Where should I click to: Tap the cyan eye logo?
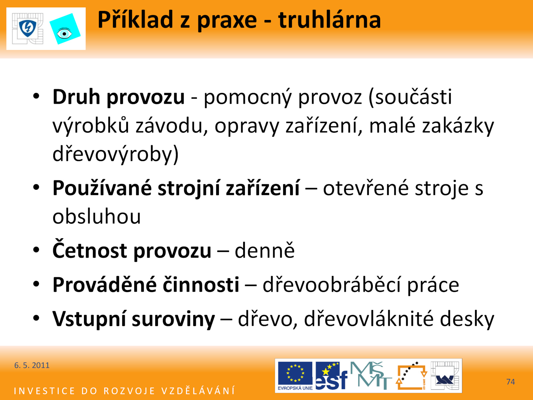pos(65,29)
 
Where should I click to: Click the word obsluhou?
pos(97,216)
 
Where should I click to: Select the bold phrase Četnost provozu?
pos(132,250)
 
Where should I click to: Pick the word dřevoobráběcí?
pos(331,284)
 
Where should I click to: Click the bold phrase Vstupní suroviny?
pos(134,319)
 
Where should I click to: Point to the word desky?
pos(467,319)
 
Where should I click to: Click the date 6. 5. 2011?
pos(32,365)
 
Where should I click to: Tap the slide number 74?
pos(510,382)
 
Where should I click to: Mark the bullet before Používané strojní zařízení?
pos(36,187)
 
